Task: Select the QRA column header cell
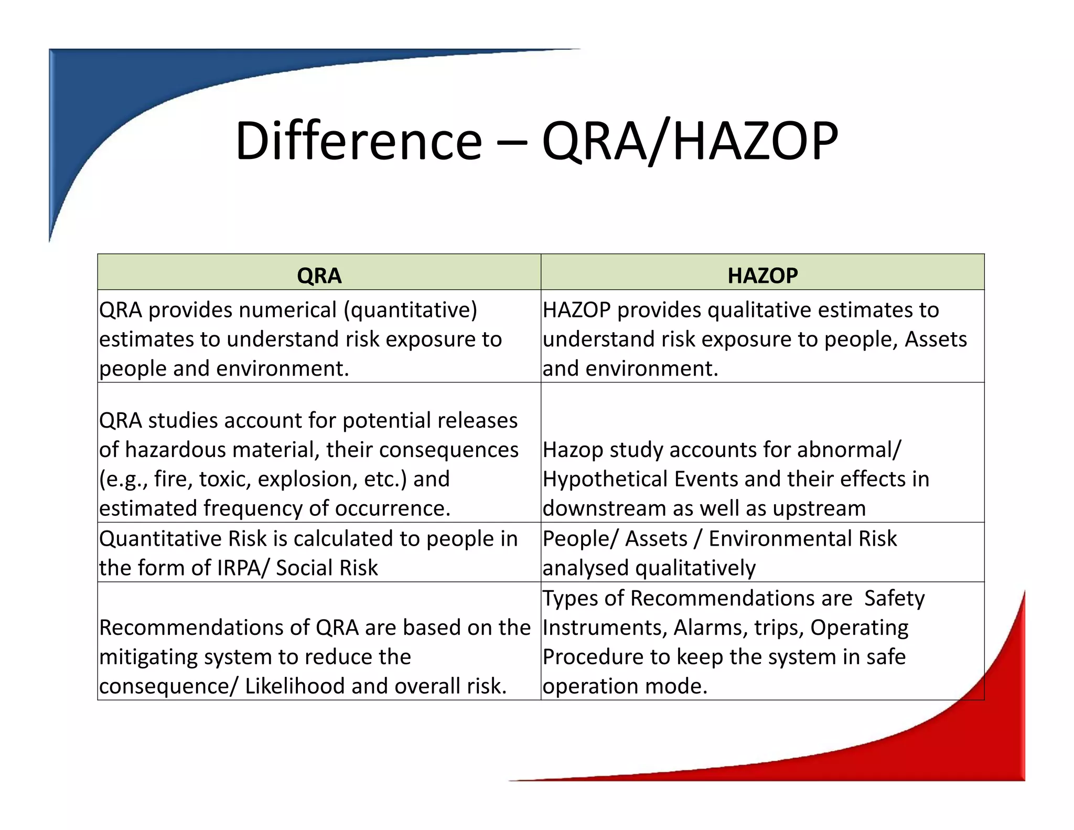319,275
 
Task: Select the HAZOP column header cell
762,275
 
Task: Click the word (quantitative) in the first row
411,310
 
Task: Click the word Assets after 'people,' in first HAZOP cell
936,339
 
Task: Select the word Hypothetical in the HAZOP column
605,480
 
